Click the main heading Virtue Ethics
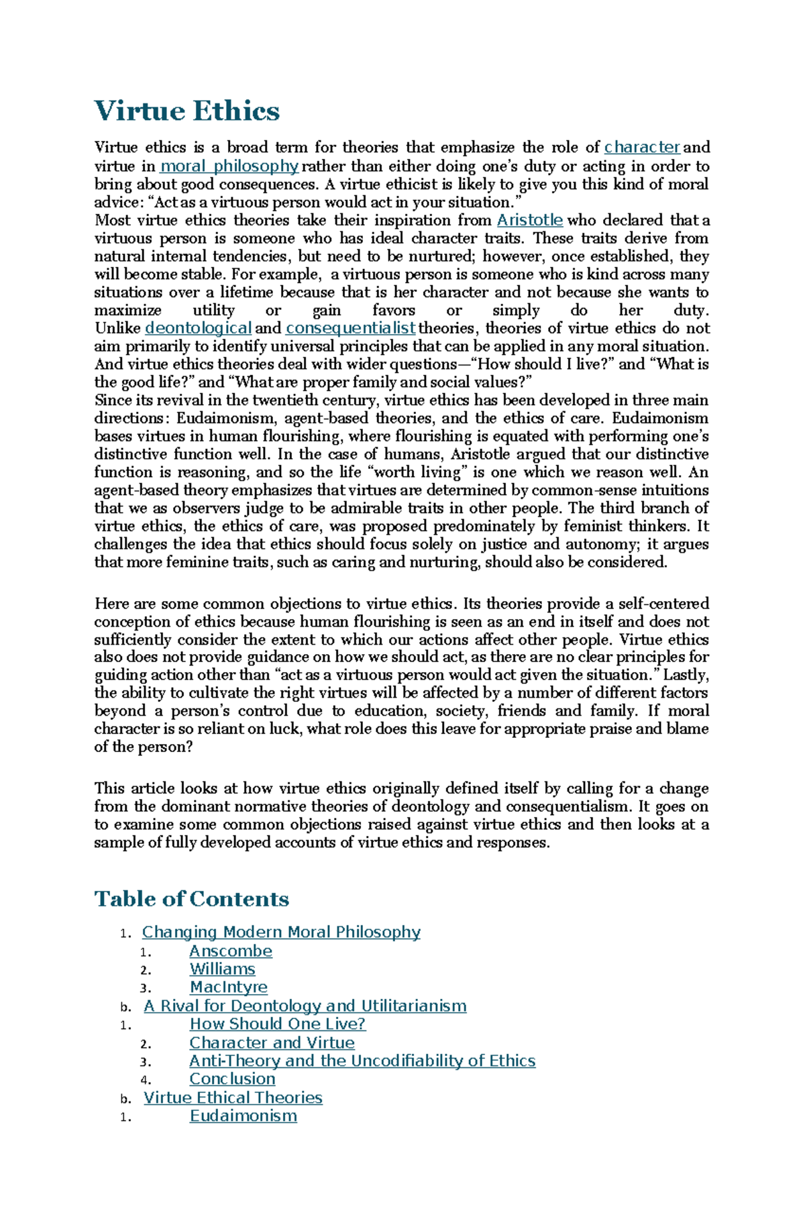[x=187, y=111]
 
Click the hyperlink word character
[x=642, y=147]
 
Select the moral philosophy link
[x=229, y=166]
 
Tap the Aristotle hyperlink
[x=529, y=220]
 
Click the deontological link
[x=198, y=328]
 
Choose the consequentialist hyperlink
[x=350, y=328]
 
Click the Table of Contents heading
[x=192, y=899]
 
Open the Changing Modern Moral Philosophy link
[x=281, y=932]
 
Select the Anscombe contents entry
[x=231, y=951]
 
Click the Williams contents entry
[x=222, y=969]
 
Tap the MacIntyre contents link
[x=228, y=987]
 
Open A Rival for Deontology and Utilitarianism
[x=305, y=1006]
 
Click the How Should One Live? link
[x=277, y=1024]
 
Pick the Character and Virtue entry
[x=272, y=1042]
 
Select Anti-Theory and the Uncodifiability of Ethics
[x=362, y=1061]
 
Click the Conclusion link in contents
[x=232, y=1079]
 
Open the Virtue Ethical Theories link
[x=233, y=1098]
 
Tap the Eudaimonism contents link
[x=243, y=1116]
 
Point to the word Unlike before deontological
[x=117, y=328]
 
